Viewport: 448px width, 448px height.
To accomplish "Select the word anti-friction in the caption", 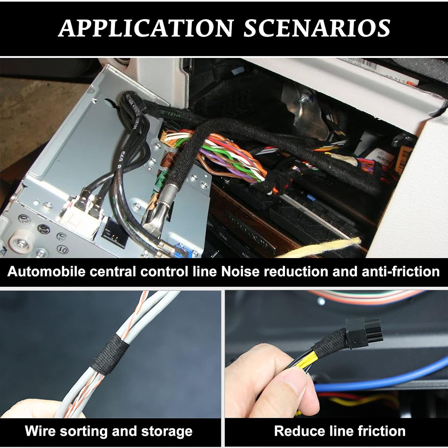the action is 401,271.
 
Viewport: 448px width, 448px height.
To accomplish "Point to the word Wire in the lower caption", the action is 39,431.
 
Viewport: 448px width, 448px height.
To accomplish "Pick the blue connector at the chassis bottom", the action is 183,250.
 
